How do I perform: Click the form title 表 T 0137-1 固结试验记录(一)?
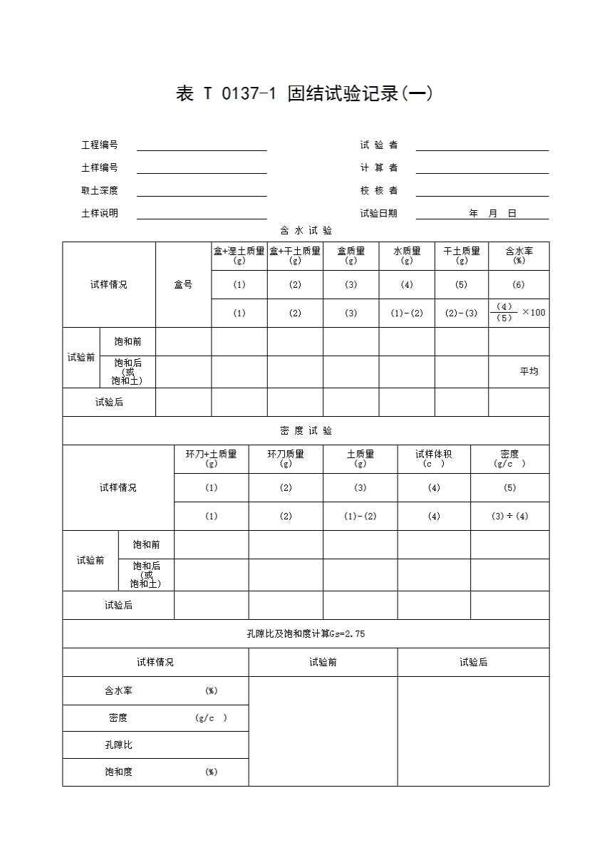304,93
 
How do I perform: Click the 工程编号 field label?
100,145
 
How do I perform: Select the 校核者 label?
379,191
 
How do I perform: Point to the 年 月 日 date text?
492,214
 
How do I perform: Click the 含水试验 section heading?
306,231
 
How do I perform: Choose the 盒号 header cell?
183,285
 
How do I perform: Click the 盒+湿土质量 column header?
239,255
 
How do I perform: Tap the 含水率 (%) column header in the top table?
519,255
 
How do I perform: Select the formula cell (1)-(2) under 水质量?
407,313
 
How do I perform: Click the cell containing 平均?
529,371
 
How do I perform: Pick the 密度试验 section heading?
306,431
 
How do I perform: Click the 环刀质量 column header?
286,458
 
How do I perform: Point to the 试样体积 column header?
434,458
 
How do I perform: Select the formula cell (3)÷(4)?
509,517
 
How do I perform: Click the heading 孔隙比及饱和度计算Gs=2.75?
306,634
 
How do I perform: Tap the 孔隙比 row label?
118,745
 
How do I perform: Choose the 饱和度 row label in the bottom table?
118,772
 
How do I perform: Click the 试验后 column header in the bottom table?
473,663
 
